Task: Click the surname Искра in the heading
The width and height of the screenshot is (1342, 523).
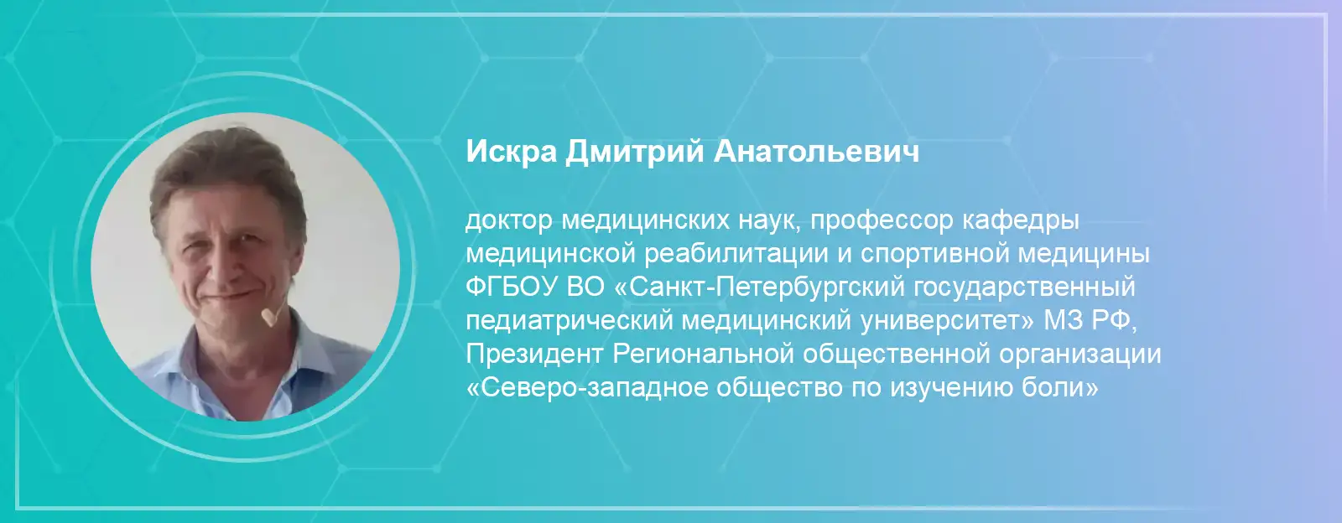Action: (x=511, y=152)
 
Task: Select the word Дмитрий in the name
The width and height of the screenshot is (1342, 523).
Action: (x=634, y=152)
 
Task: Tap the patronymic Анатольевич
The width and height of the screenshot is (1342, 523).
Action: (x=816, y=151)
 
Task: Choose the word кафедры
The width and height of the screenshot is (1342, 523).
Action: (x=1021, y=221)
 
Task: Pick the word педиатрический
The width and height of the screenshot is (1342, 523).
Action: (x=569, y=322)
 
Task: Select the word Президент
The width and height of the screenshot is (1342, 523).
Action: (x=533, y=355)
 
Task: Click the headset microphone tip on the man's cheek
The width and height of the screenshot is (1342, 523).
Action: (x=268, y=317)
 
